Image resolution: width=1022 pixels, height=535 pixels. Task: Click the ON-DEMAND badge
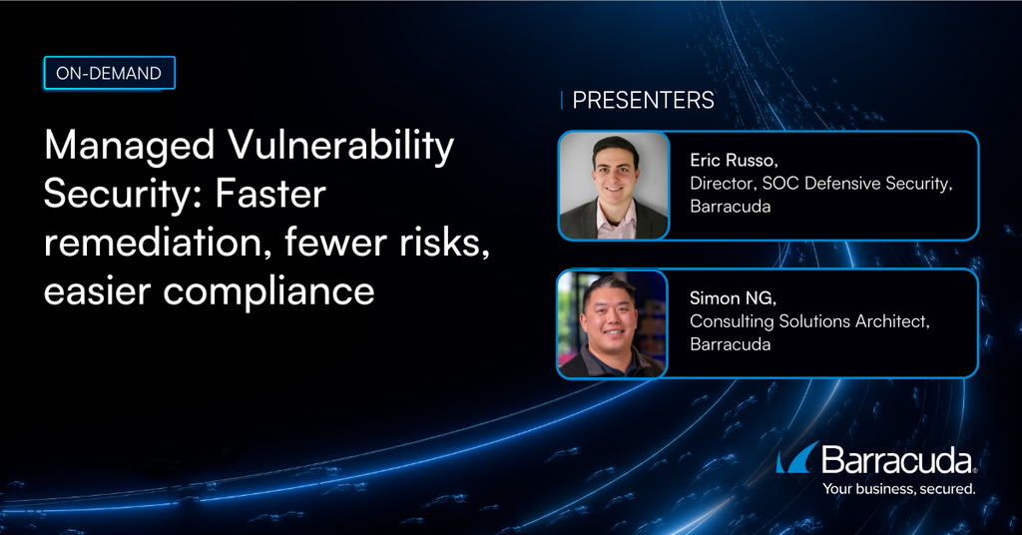click(x=110, y=73)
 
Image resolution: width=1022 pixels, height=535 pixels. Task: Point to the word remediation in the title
click(x=147, y=243)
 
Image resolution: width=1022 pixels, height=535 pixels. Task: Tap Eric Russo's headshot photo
click(x=613, y=186)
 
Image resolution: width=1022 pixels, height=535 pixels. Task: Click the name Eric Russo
click(x=731, y=161)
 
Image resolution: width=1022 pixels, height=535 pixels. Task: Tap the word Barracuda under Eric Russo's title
click(x=732, y=207)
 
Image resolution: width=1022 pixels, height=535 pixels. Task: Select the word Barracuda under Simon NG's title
click(x=732, y=344)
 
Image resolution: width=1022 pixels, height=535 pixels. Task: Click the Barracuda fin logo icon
click(x=797, y=458)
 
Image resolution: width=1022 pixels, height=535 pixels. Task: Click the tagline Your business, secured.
click(x=897, y=489)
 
